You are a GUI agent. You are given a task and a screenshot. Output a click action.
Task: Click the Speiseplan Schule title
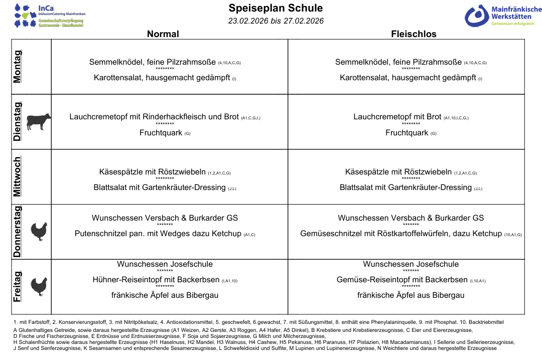click(276, 8)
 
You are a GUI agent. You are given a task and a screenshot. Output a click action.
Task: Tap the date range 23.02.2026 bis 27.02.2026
click(276, 21)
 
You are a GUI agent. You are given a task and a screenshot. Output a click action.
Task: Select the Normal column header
click(163, 34)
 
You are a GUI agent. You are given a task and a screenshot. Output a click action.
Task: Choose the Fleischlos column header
click(414, 34)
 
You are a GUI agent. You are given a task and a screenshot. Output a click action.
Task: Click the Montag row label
click(18, 67)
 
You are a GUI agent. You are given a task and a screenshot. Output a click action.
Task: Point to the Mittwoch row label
click(18, 176)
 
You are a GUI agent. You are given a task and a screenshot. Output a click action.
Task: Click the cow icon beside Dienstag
click(38, 121)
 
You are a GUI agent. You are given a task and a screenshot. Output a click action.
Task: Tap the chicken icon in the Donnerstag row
click(38, 232)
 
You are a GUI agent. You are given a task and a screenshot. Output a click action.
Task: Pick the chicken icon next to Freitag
click(38, 286)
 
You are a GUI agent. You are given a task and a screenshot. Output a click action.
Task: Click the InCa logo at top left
click(49, 16)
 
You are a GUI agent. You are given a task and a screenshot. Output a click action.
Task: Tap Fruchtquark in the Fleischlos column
click(407, 133)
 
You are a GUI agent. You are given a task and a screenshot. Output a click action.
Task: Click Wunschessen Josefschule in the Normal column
click(165, 264)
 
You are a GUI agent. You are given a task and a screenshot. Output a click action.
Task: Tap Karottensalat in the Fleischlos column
click(363, 78)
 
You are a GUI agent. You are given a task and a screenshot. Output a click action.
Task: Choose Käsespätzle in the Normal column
click(121, 172)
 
